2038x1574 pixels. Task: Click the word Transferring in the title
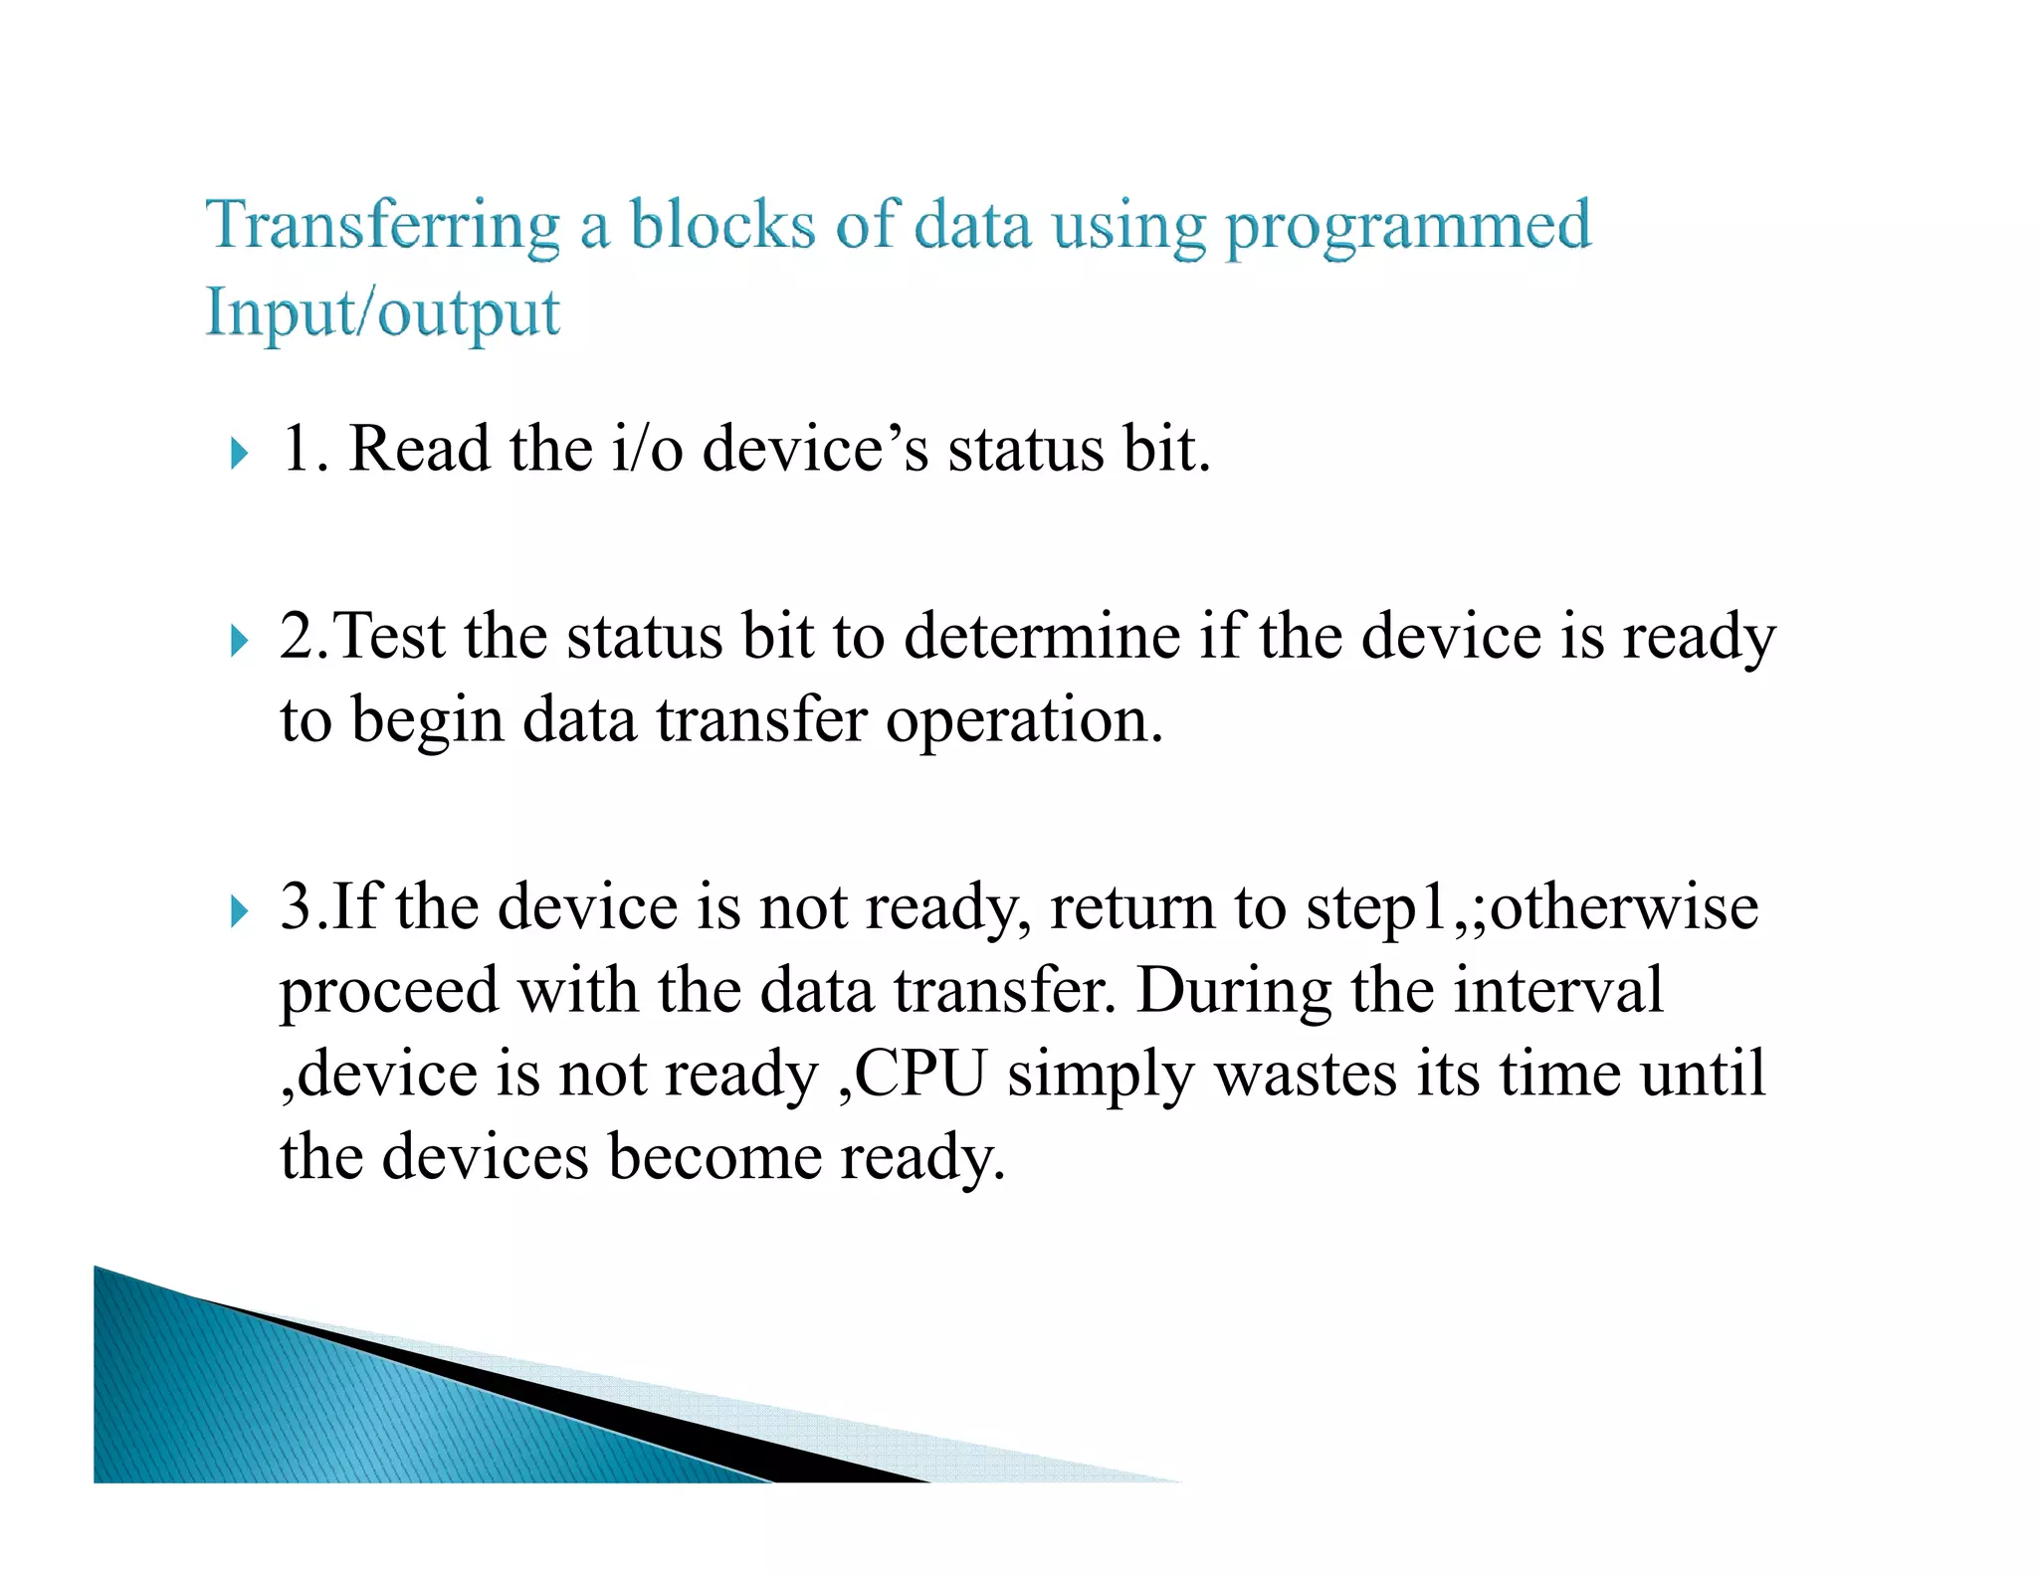tap(382, 225)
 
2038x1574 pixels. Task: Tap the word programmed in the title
tap(1407, 227)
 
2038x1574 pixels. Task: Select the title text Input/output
tap(382, 313)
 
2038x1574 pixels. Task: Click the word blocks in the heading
tap(722, 225)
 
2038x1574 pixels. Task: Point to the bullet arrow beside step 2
tap(239, 641)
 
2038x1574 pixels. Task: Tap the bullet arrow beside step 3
tap(239, 910)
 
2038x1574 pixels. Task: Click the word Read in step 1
tap(419, 449)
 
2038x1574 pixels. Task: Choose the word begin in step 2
tap(427, 721)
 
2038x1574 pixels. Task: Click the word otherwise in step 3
tap(1623, 907)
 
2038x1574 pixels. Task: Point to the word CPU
tap(920, 1074)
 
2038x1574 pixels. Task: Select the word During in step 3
tap(1233, 991)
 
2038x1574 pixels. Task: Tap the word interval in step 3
tap(1557, 991)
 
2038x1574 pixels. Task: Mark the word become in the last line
tap(714, 1157)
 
